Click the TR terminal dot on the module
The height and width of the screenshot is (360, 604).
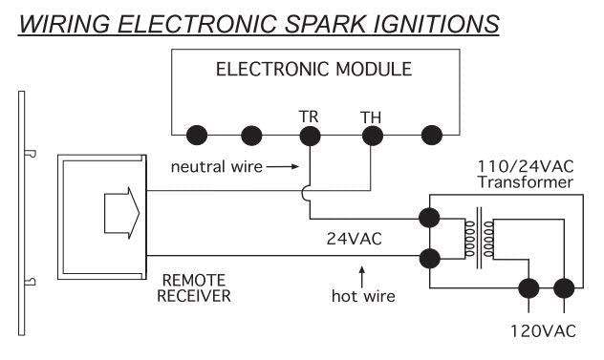[x=310, y=136]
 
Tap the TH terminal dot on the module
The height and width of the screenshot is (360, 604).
[x=373, y=136]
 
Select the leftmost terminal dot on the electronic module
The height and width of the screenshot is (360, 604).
[x=197, y=136]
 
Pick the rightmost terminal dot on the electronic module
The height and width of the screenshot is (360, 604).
[x=432, y=136]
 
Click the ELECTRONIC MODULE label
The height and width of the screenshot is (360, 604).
[x=313, y=70]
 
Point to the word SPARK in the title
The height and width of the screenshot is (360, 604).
[x=325, y=24]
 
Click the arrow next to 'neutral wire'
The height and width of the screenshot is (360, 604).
[x=283, y=167]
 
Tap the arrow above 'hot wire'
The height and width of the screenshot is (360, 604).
[x=361, y=277]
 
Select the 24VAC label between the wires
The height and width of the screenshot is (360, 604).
[x=354, y=239]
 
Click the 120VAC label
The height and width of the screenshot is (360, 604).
[x=543, y=331]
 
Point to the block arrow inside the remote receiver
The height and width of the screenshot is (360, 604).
[x=121, y=213]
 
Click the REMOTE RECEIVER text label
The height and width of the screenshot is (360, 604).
[x=194, y=288]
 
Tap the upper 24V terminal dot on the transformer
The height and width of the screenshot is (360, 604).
[x=429, y=218]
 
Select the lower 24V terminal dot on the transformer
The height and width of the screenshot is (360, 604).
[x=429, y=258]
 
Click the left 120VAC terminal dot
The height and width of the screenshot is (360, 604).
[x=528, y=288]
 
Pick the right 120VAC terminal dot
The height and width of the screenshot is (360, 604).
[x=564, y=288]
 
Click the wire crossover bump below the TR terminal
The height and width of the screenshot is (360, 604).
[x=304, y=193]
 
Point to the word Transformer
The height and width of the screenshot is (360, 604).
[x=526, y=182]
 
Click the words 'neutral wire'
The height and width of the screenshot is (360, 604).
[x=217, y=167]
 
